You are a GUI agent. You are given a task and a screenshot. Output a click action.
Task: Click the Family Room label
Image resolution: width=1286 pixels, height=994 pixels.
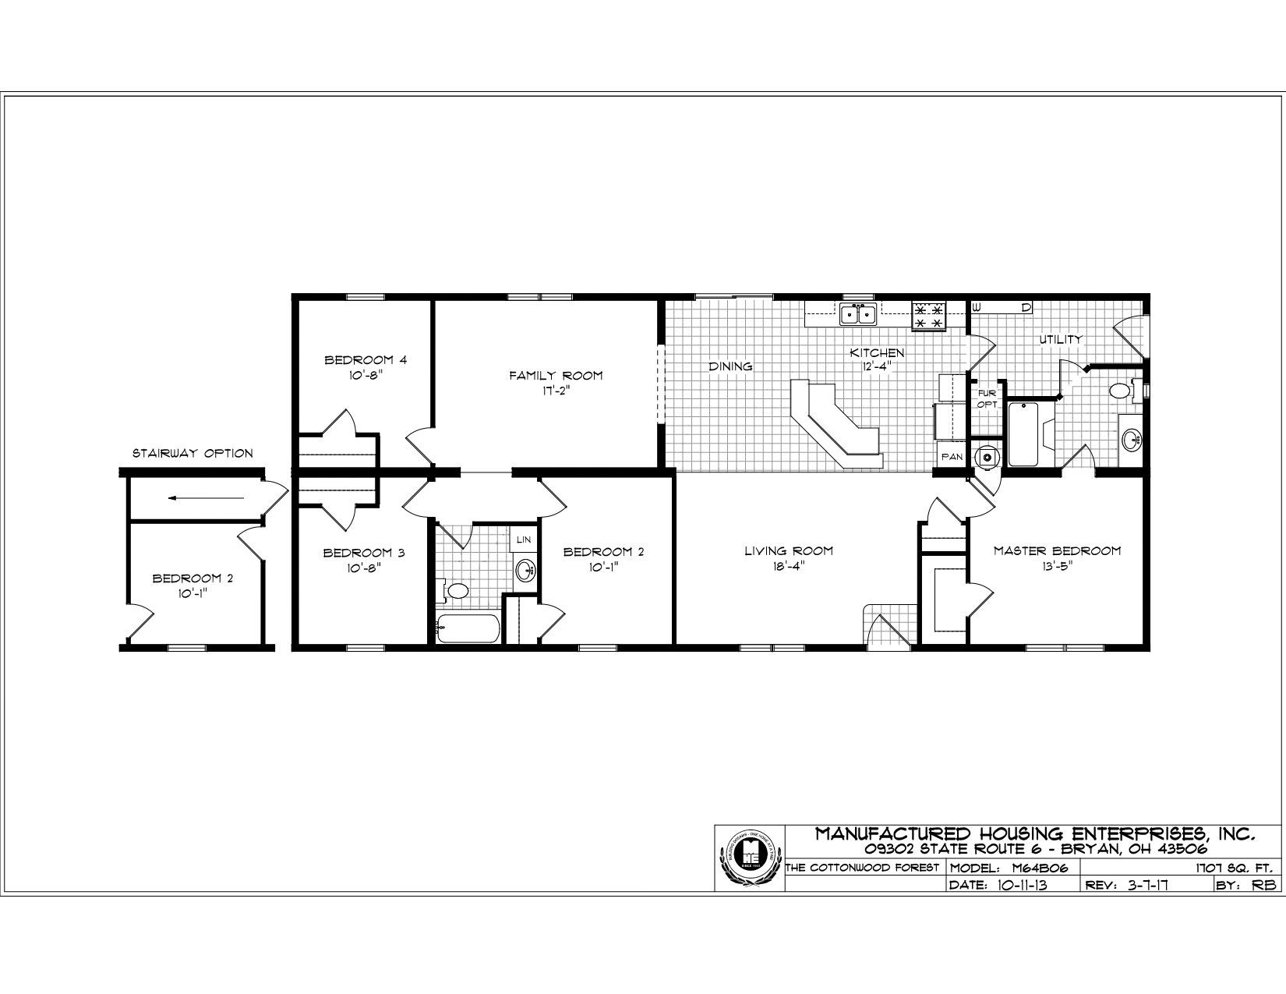[x=556, y=376]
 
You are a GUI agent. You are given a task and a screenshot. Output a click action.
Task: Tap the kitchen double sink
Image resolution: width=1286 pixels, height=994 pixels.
[x=858, y=315]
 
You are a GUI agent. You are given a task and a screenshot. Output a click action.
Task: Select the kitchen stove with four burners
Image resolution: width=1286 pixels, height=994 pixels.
[x=928, y=316]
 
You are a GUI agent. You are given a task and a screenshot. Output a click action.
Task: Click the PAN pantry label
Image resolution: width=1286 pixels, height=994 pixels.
[x=952, y=458]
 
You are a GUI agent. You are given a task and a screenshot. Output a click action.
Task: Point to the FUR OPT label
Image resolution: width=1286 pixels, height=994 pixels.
[x=987, y=398]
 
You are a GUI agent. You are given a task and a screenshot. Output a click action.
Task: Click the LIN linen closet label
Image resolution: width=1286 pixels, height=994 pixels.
[x=523, y=539]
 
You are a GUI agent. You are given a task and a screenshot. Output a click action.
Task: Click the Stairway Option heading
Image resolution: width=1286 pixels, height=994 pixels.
[x=192, y=453]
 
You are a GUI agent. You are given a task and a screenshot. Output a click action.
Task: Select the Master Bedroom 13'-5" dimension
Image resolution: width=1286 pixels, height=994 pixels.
[x=1056, y=567]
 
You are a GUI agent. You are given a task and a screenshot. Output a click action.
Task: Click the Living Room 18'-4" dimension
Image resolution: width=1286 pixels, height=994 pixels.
[x=788, y=567]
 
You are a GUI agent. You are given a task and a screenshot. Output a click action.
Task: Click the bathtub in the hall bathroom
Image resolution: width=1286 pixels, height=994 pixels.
[x=468, y=628]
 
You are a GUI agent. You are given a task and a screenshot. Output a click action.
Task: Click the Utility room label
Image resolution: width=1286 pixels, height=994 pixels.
[x=1059, y=339]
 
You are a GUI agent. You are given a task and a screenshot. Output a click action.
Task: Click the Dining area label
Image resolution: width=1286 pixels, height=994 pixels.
[x=730, y=366]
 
